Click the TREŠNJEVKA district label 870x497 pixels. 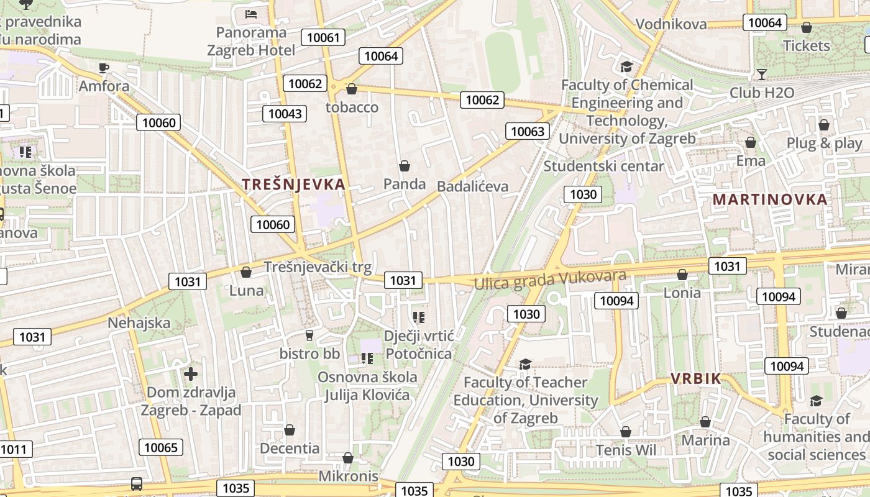point(293,184)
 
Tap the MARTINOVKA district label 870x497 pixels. point(770,199)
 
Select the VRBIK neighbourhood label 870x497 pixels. point(695,378)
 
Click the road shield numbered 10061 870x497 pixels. point(324,37)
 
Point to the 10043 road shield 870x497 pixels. point(285,113)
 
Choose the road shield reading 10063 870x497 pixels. point(528,131)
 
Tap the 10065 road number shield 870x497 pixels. point(161,447)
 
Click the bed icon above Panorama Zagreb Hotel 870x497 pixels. point(251,14)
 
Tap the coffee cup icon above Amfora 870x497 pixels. point(104,68)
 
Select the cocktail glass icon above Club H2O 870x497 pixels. point(761,75)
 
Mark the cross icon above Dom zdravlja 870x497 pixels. point(191,373)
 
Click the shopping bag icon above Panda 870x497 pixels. point(405,166)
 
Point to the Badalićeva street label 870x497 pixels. point(472,186)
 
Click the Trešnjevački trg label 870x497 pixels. point(318,267)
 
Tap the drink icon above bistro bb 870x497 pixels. point(309,335)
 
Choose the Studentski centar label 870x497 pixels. point(604,166)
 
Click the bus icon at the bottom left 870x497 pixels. point(136,483)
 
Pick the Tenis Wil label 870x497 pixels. point(626,450)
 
